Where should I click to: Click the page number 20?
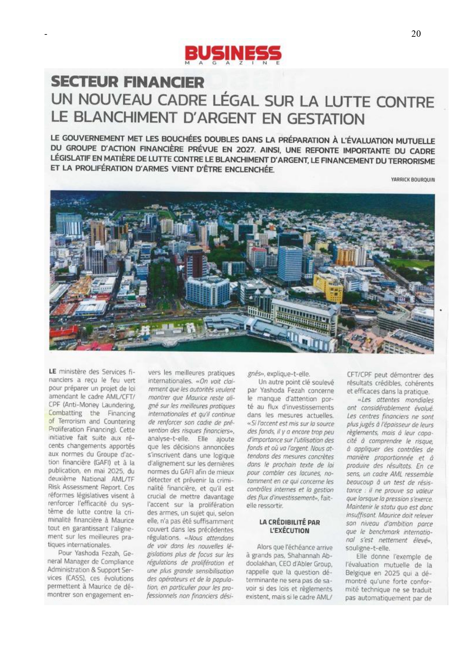pyautogui.click(x=416, y=34)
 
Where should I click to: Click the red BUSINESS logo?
pyautogui.click(x=233, y=53)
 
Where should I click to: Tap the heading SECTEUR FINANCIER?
pyautogui.click(x=127, y=82)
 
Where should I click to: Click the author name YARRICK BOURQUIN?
pyautogui.click(x=413, y=180)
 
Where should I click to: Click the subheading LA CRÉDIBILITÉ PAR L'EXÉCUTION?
pyautogui.click(x=289, y=526)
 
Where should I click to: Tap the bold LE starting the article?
pyautogui.click(x=52, y=372)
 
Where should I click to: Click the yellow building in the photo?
pyautogui.click(x=328, y=287)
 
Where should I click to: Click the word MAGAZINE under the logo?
pyautogui.click(x=232, y=63)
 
